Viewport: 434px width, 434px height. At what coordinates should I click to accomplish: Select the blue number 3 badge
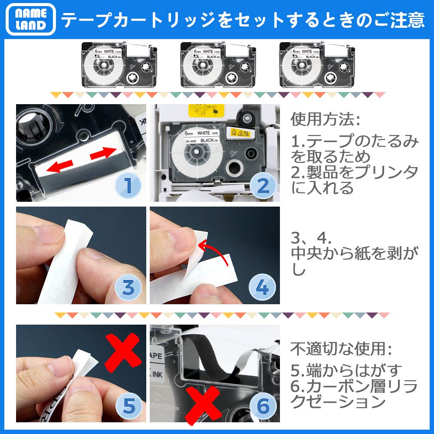(x=127, y=287)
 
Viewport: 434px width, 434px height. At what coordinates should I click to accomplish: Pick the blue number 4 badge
(x=262, y=287)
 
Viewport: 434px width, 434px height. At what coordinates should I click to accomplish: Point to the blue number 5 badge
(x=127, y=406)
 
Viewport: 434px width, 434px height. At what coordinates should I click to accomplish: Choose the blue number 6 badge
(x=262, y=406)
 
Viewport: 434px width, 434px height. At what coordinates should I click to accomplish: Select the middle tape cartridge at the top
(x=216, y=65)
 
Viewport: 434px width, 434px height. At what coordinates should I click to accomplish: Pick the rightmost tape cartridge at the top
(x=315, y=65)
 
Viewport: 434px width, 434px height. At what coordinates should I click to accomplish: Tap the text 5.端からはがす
(x=346, y=370)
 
